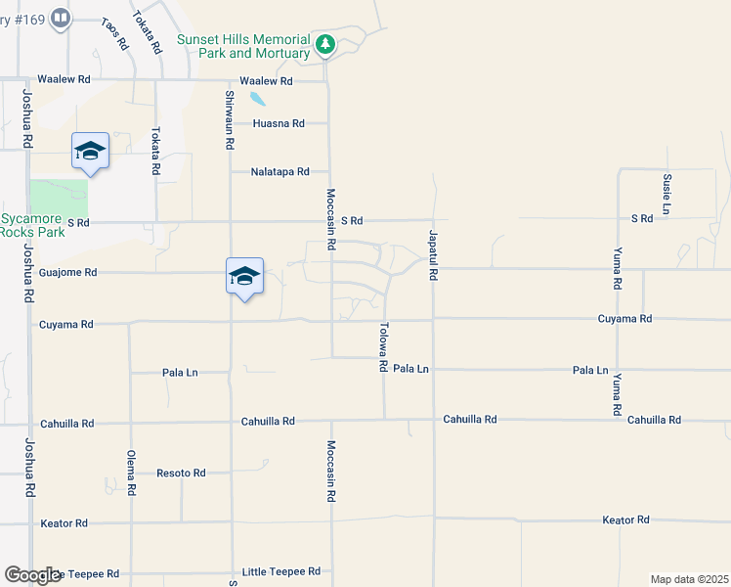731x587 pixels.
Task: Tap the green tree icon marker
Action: (325, 44)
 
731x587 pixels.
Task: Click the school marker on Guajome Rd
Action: (244, 276)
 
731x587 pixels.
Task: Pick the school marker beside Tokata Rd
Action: (90, 151)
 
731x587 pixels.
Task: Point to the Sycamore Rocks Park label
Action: (32, 225)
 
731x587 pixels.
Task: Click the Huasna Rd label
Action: (279, 123)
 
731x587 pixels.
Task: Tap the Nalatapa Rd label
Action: (279, 171)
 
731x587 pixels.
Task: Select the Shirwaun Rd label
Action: (230, 119)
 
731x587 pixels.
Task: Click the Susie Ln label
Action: (666, 195)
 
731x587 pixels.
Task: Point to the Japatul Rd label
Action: (431, 255)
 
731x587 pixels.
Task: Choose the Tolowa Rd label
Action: (383, 347)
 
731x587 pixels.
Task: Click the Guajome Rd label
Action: (67, 273)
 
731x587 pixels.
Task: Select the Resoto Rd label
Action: (181, 473)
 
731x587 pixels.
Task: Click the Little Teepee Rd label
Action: (281, 571)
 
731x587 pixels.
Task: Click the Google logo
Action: (32, 575)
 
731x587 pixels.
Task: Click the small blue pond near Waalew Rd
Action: (256, 99)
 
